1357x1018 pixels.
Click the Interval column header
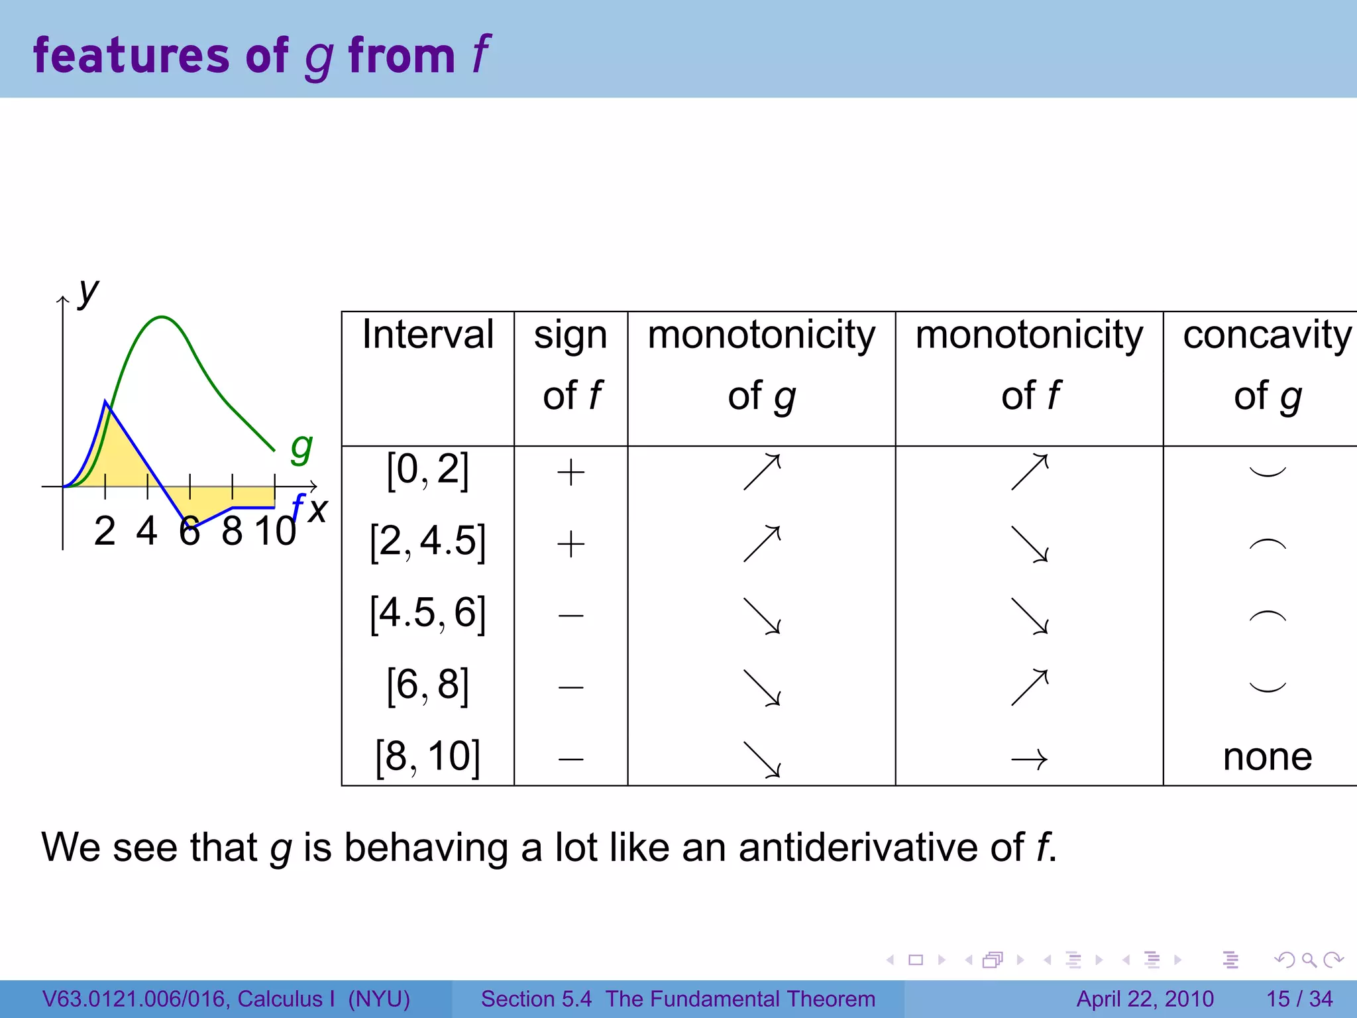pyautogui.click(x=427, y=335)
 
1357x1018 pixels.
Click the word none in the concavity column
pyautogui.click(x=1267, y=757)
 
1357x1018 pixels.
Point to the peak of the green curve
pyautogui.click(x=162, y=317)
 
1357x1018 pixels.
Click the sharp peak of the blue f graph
pyautogui.click(x=106, y=402)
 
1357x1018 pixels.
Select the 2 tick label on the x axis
pyautogui.click(x=105, y=532)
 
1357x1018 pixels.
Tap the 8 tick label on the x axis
pyautogui.click(x=232, y=532)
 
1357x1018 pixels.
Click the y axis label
pyautogui.click(x=88, y=292)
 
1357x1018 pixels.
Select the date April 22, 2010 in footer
pyautogui.click(x=1144, y=999)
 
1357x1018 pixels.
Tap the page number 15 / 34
pyautogui.click(x=1299, y=999)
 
